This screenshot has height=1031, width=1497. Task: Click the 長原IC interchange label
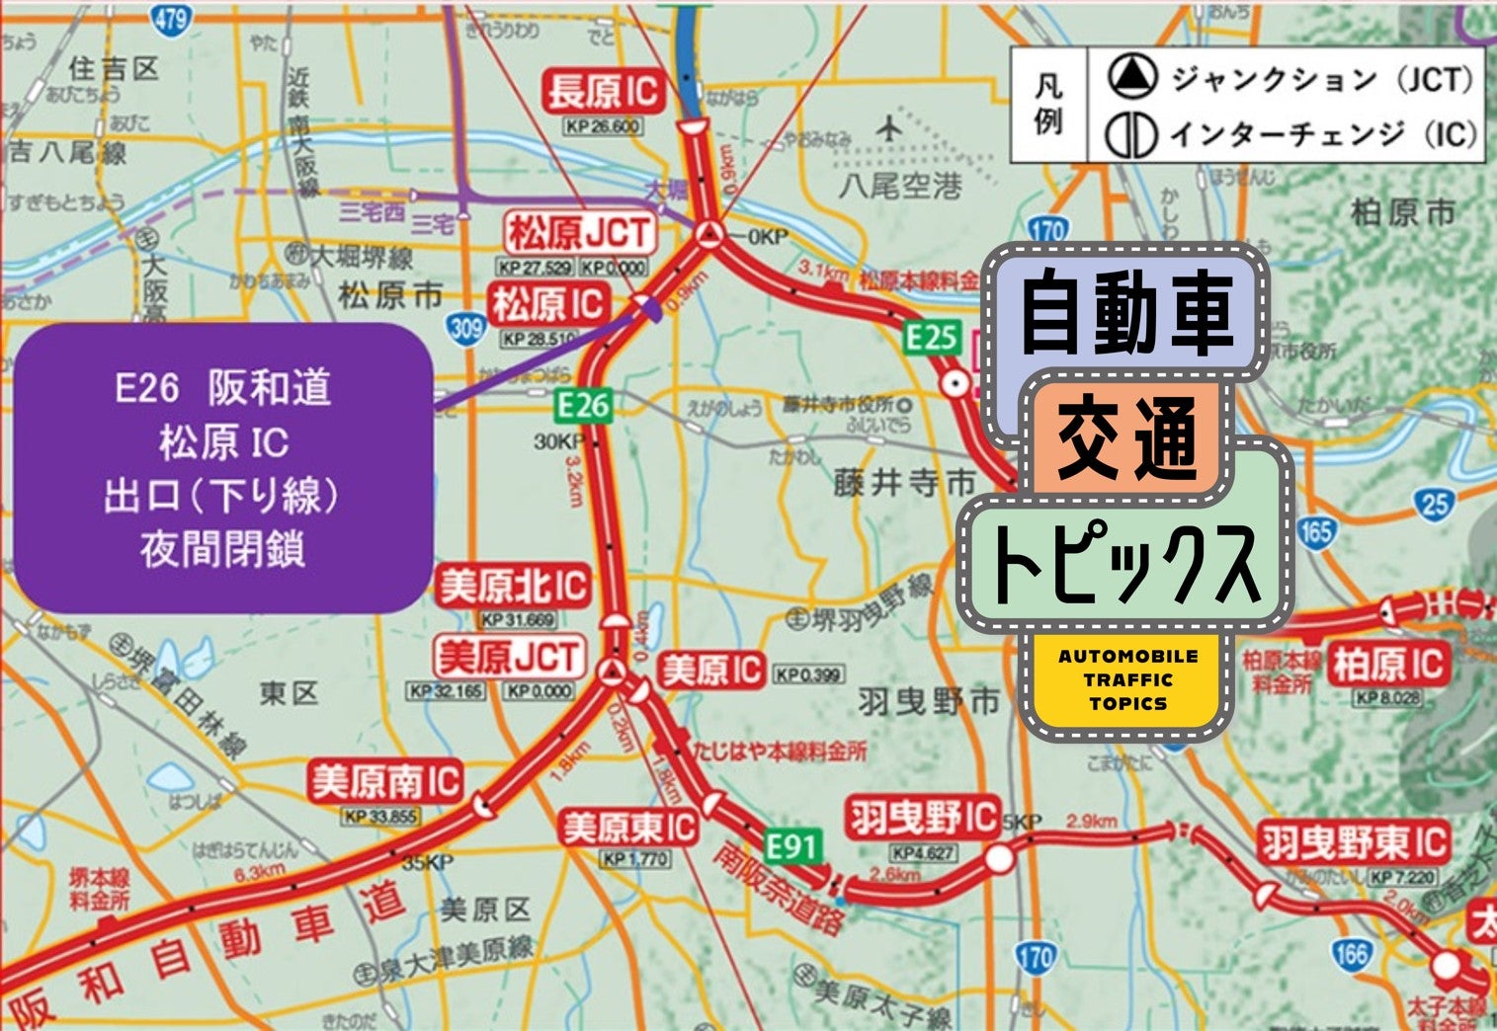pyautogui.click(x=602, y=93)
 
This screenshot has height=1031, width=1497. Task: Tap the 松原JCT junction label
pyautogui.click(x=579, y=234)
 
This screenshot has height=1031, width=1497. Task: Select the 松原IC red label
pyautogui.click(x=548, y=304)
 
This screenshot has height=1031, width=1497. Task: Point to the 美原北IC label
pyautogui.click(x=514, y=587)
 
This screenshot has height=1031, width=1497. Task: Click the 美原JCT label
pyautogui.click(x=509, y=657)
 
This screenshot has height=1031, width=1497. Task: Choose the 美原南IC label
pyautogui.click(x=385, y=783)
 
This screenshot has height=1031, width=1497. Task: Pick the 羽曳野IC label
pyautogui.click(x=923, y=818)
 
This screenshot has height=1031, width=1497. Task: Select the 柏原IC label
pyautogui.click(x=1387, y=665)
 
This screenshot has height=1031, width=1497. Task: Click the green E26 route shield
pyautogui.click(x=583, y=405)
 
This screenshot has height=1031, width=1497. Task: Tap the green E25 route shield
pyautogui.click(x=932, y=339)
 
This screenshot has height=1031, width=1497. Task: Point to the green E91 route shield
pyautogui.click(x=792, y=846)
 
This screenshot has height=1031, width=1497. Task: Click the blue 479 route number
pyautogui.click(x=171, y=17)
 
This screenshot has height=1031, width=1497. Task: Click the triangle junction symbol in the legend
pyautogui.click(x=1131, y=77)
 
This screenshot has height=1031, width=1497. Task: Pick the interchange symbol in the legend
pyautogui.click(x=1131, y=135)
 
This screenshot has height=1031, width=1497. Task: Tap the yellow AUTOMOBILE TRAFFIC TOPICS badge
pyautogui.click(x=1127, y=680)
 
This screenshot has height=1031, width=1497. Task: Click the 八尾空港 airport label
pyautogui.click(x=899, y=185)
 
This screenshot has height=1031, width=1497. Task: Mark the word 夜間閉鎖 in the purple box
pyautogui.click(x=222, y=549)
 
